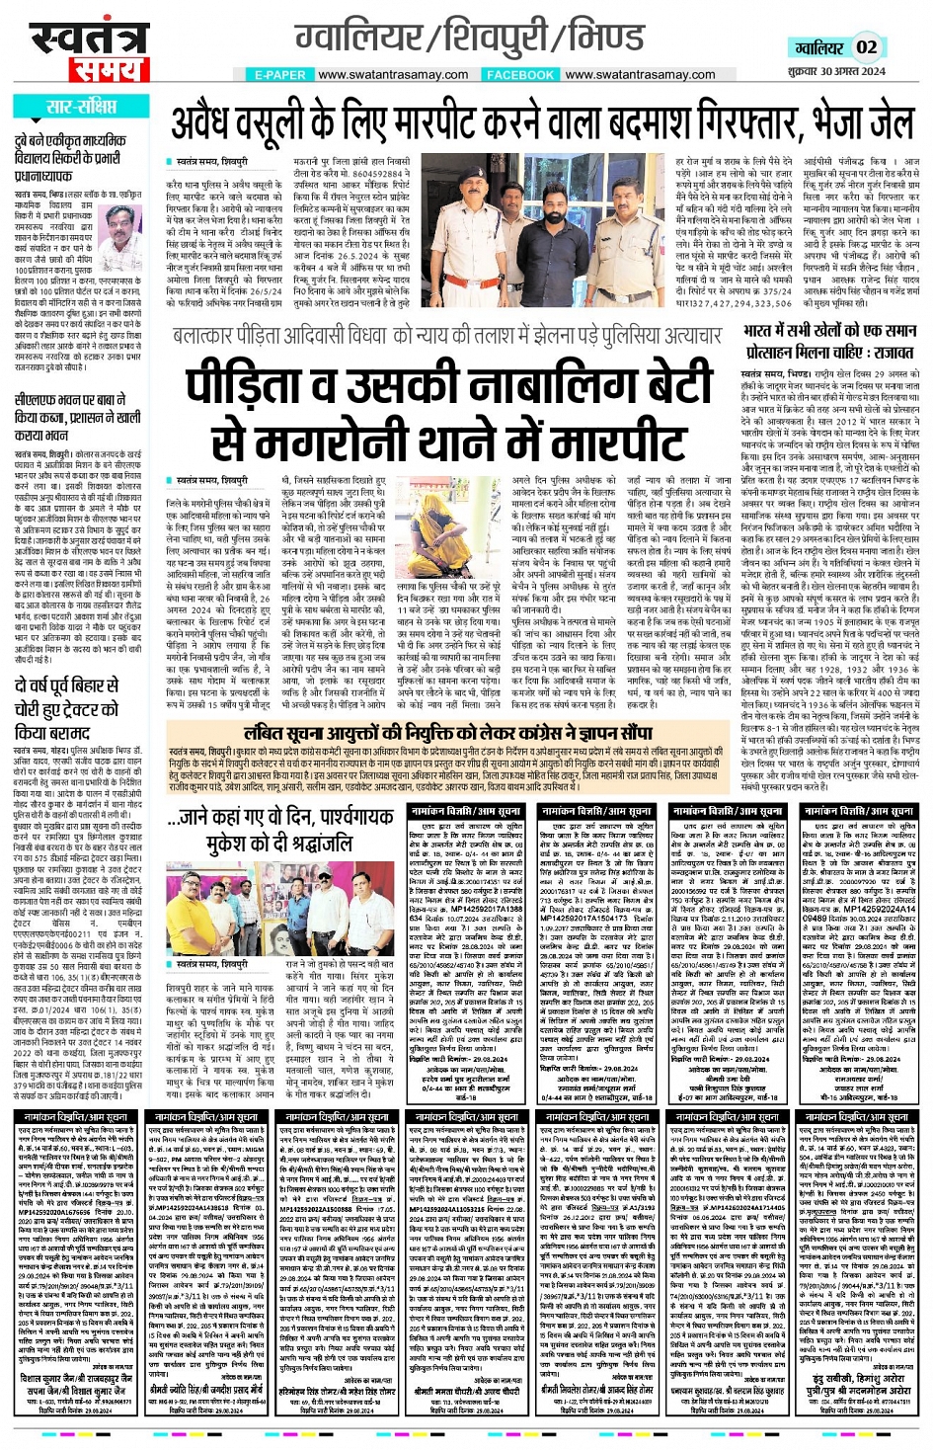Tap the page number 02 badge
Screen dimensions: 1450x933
pyautogui.click(x=866, y=47)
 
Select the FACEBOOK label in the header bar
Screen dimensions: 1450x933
pyautogui.click(x=520, y=75)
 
